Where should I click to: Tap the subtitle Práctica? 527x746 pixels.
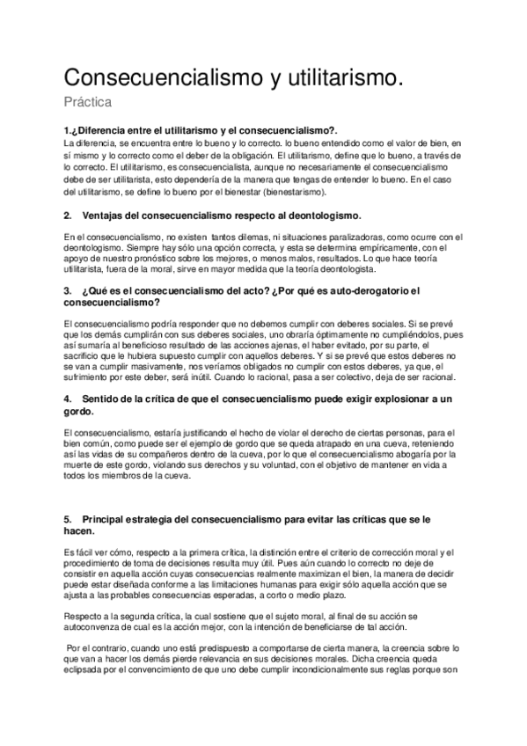coord(88,103)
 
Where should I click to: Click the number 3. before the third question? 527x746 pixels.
coord(69,290)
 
